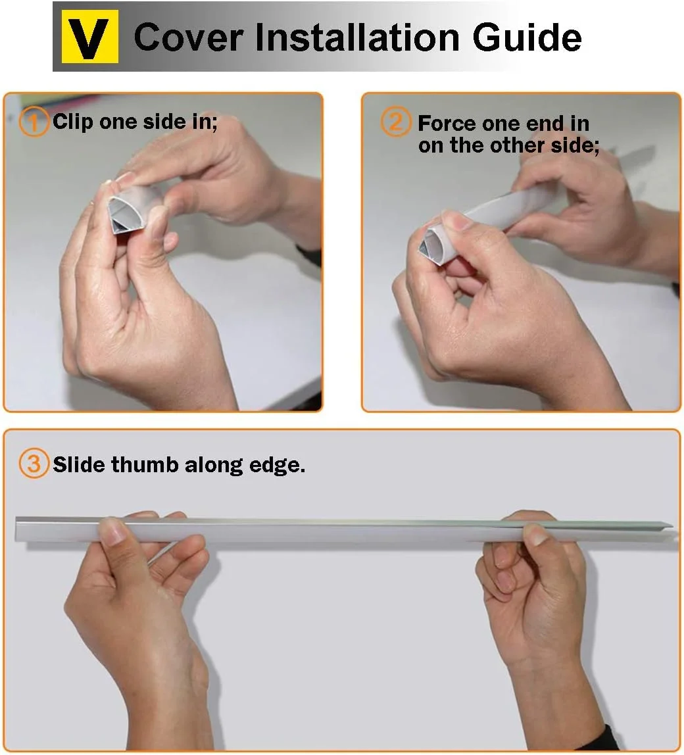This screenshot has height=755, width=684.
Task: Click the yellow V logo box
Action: pyautogui.click(x=90, y=37)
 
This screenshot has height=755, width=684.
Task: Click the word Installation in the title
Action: pyautogui.click(x=357, y=37)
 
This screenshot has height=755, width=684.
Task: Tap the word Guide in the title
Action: pyautogui.click(x=527, y=37)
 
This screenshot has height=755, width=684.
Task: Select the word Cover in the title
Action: pyautogui.click(x=188, y=37)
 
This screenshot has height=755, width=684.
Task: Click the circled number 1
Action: pyautogui.click(x=34, y=122)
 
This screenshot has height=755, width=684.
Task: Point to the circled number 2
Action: pyautogui.click(x=396, y=122)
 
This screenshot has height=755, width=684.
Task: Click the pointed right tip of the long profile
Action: pyautogui.click(x=672, y=524)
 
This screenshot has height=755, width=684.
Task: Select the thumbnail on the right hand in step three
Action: pyautogui.click(x=534, y=533)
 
